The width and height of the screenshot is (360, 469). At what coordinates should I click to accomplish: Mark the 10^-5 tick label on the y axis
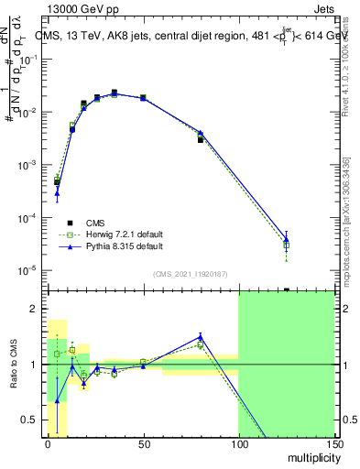coord(30,270)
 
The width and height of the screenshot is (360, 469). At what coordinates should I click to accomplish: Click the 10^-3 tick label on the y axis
coord(30,165)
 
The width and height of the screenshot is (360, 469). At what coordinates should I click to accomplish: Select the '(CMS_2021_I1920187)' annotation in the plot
coord(190,273)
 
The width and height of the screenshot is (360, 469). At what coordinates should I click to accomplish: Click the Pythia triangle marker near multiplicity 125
coord(287,239)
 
